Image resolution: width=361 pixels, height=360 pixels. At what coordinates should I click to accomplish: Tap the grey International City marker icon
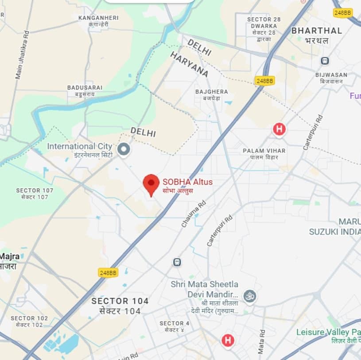click(124, 149)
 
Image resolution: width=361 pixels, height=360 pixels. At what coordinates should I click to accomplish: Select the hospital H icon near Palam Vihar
click(279, 129)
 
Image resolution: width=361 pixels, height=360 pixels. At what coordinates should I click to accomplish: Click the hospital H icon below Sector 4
click(228, 340)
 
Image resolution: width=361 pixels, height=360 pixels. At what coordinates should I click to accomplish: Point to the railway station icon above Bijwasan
click(325, 61)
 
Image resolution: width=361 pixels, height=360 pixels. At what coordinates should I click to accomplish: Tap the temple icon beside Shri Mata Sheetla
click(250, 295)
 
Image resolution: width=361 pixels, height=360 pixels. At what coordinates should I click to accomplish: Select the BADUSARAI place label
click(85, 88)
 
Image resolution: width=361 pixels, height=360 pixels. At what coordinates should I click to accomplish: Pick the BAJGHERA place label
click(212, 92)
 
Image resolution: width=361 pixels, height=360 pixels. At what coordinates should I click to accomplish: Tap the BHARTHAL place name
click(317, 31)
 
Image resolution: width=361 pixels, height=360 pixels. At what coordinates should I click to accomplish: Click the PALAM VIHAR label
click(264, 151)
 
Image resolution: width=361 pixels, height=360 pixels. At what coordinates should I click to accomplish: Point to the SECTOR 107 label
click(35, 191)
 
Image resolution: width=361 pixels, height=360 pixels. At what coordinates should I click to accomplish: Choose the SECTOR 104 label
click(120, 301)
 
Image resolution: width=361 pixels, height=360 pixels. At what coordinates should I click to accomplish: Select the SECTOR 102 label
click(29, 318)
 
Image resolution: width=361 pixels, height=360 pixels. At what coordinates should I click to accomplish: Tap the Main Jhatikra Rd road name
click(22, 55)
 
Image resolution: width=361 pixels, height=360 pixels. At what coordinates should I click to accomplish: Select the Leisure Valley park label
click(328, 332)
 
